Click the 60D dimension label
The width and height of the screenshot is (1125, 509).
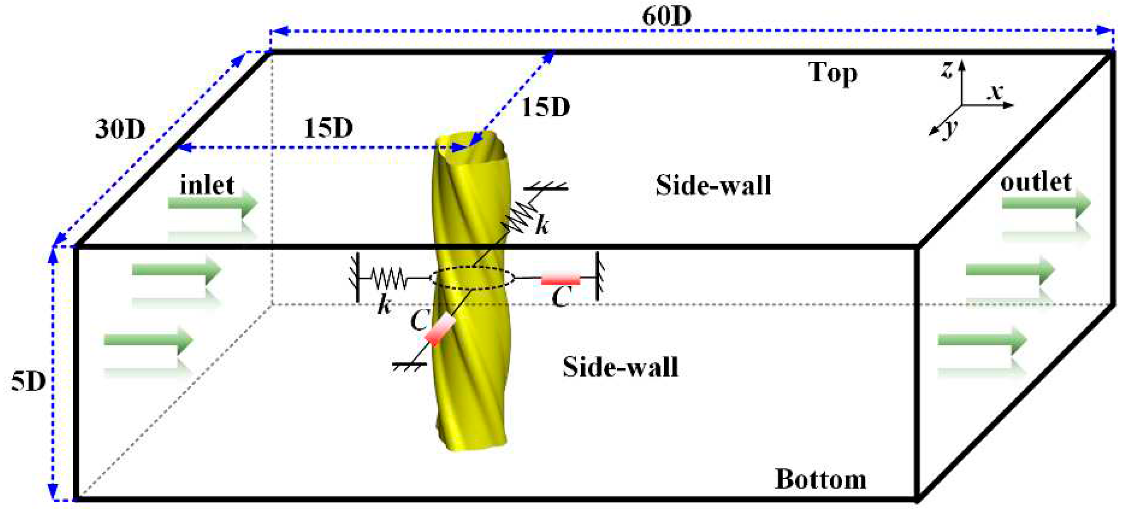click(666, 16)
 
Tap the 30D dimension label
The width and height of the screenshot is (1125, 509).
click(120, 129)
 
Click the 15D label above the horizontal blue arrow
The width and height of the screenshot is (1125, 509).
click(328, 128)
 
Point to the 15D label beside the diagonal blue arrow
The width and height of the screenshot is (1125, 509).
click(546, 107)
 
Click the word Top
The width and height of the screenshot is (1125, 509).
click(832, 73)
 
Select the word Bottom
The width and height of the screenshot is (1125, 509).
click(820, 480)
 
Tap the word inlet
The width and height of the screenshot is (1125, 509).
click(207, 185)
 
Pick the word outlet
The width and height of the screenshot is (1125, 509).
click(1036, 182)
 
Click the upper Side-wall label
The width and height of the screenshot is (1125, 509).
click(713, 185)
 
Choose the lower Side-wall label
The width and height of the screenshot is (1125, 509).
click(620, 367)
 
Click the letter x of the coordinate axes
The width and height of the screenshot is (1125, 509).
click(996, 92)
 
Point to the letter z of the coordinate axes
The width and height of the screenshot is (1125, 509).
click(947, 70)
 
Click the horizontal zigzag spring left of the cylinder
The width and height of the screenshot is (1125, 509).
click(388, 278)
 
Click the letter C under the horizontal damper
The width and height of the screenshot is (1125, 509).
click(561, 297)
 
